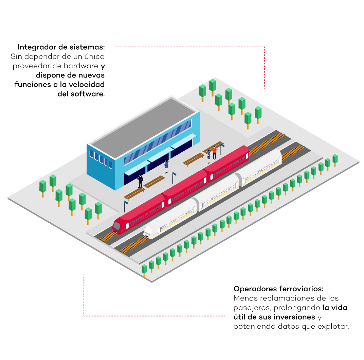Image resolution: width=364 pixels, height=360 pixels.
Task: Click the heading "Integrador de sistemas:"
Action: [61, 47]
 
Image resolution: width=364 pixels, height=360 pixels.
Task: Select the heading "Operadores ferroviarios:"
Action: [278, 289]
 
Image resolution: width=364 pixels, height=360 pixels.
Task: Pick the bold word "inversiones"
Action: [293, 317]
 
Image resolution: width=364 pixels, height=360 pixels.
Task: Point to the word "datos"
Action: [286, 327]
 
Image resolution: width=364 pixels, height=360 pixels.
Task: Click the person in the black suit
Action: [140, 181]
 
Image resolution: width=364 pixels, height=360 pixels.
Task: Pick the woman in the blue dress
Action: [166, 164]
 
